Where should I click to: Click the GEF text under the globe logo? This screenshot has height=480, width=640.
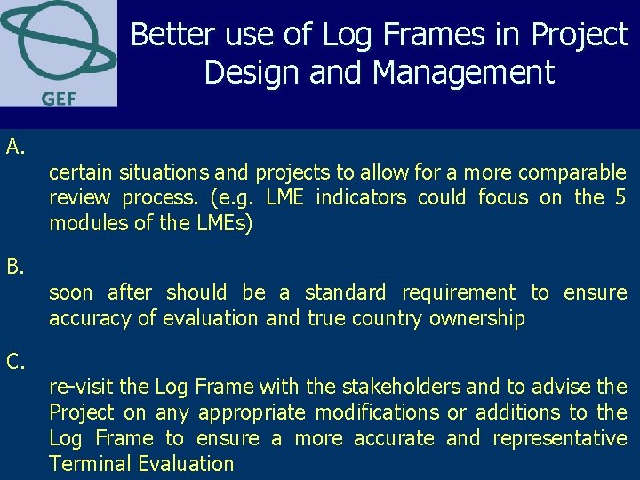[58, 97]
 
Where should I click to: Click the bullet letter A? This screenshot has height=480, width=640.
[15, 146]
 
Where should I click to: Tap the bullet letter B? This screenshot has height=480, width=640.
[15, 266]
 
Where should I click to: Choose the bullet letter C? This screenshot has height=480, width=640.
[15, 361]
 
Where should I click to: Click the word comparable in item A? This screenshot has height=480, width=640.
[572, 172]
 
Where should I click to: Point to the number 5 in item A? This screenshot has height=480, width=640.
[620, 197]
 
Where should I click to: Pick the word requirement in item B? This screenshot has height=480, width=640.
[459, 292]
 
